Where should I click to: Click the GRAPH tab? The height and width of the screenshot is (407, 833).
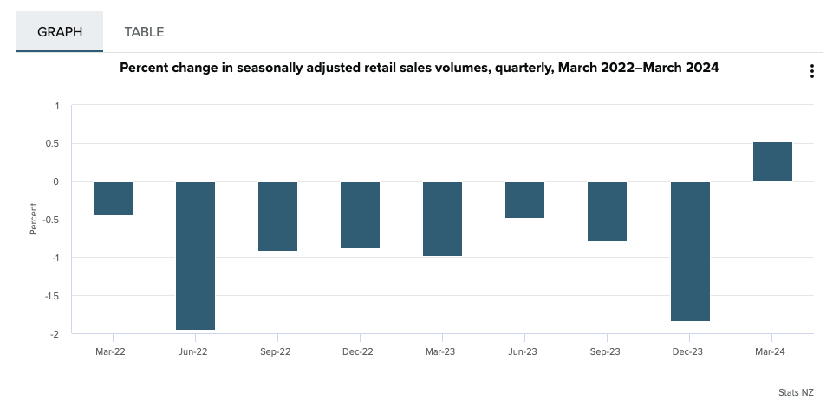[x=60, y=32]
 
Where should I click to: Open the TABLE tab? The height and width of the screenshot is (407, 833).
[x=144, y=32]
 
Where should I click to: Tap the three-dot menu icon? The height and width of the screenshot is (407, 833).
[x=811, y=71]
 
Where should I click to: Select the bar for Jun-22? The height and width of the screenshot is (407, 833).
[x=195, y=255]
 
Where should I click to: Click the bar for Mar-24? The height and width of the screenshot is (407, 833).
[x=772, y=161]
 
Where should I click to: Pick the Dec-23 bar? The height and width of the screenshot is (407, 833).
[x=690, y=251]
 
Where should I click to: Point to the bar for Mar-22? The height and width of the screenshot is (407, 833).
[x=113, y=198]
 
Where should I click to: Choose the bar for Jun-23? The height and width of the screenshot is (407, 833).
[x=524, y=200]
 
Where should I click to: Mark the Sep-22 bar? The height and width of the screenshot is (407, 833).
[x=277, y=216]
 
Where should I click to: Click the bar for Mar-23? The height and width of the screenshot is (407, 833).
[x=442, y=219]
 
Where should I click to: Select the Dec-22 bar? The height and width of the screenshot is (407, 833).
[x=360, y=214]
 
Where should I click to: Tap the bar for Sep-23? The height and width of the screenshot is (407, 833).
[x=607, y=211]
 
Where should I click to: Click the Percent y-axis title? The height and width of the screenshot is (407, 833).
[x=34, y=219]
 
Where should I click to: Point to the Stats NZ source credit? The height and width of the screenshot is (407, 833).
[x=795, y=392]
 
